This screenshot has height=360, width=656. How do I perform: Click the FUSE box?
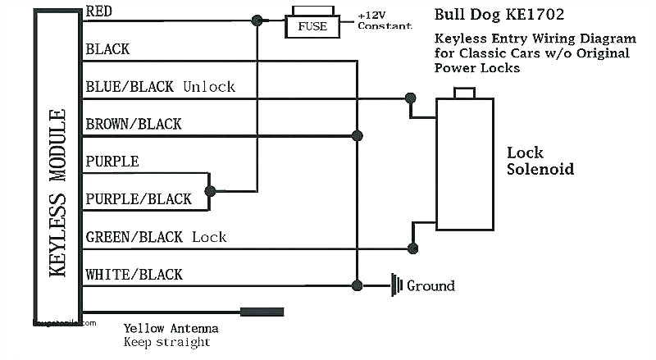[312, 26]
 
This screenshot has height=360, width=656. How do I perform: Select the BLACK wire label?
[107, 49]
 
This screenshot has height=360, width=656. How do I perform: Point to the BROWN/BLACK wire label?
[134, 124]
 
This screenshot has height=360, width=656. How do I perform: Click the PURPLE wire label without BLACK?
[112, 162]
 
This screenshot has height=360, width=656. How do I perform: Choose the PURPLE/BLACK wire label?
[138, 199]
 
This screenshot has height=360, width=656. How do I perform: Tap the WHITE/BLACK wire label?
[134, 275]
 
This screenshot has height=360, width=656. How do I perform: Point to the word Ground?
[430, 285]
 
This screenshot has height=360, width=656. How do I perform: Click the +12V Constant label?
[384, 21]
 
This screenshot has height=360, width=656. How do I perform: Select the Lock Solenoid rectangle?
[465, 163]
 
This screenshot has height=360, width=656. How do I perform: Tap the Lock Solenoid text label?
[540, 162]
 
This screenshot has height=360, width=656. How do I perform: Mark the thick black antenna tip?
[262, 312]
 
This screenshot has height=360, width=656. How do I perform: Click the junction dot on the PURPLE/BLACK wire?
[210, 191]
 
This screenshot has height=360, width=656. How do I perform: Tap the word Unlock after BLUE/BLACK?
[209, 86]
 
